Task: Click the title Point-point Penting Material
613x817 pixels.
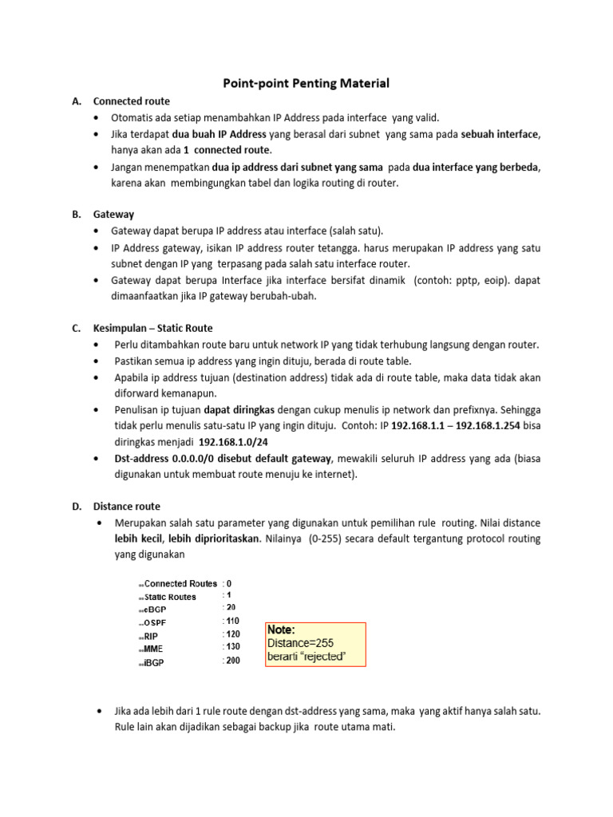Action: (x=305, y=82)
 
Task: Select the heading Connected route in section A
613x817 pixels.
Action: (x=131, y=101)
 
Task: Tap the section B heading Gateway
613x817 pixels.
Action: (x=113, y=215)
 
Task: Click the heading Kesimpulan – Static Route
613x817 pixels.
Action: (x=153, y=328)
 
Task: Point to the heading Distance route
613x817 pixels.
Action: (x=126, y=506)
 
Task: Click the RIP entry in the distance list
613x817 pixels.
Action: (x=152, y=637)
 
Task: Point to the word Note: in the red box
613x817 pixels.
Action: (x=281, y=630)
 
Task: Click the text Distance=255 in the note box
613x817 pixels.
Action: (x=300, y=643)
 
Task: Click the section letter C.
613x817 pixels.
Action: (x=76, y=328)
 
